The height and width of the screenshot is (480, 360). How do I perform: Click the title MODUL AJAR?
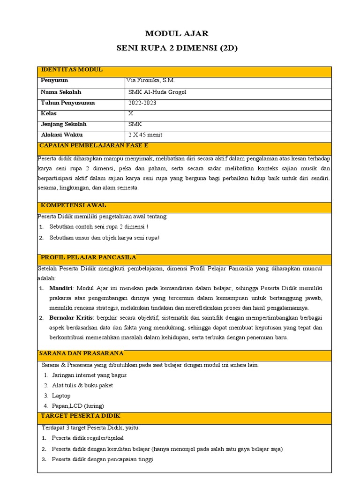point(177,34)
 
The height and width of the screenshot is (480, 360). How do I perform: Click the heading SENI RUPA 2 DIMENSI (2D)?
point(177,48)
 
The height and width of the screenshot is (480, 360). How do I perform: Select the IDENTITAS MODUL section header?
point(72,70)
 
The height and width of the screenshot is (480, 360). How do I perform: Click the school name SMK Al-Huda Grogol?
point(157,92)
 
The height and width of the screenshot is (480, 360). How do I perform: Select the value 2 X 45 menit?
point(146,135)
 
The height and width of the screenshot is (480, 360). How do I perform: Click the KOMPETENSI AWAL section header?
point(74,205)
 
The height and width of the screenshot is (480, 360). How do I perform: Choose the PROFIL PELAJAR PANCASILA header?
point(89,257)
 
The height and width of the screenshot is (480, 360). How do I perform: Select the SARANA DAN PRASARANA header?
point(82,353)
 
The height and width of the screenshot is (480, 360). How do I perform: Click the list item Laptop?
point(61,396)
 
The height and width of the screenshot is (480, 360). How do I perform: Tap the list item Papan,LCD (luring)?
point(78,406)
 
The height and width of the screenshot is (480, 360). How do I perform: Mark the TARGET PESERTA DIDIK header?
point(81,416)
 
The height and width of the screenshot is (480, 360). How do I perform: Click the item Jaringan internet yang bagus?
point(89,375)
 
